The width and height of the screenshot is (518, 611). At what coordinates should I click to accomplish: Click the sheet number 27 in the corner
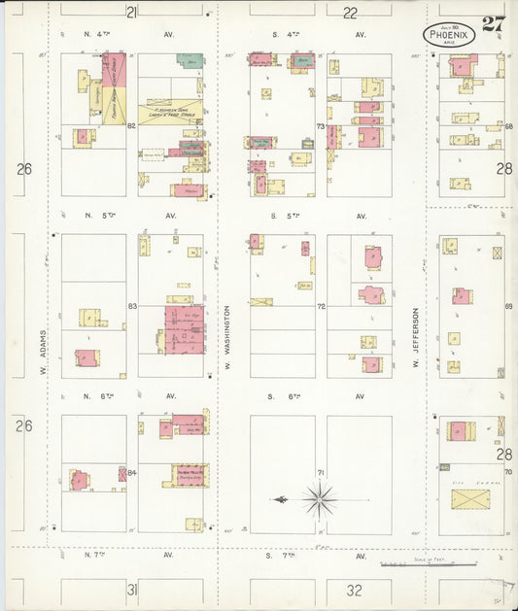(492, 24)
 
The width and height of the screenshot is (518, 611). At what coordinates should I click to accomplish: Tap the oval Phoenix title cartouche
(449, 35)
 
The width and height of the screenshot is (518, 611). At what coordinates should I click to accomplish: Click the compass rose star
(318, 500)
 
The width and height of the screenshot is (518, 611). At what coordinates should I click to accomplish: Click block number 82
(130, 125)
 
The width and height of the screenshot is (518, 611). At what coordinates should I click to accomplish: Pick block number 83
(131, 307)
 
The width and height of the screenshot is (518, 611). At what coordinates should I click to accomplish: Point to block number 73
(319, 126)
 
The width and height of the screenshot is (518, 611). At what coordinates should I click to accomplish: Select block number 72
(319, 307)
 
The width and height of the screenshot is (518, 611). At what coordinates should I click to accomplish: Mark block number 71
(319, 473)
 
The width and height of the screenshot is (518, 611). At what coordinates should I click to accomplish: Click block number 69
(507, 307)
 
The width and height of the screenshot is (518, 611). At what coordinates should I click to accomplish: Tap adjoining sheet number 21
(131, 12)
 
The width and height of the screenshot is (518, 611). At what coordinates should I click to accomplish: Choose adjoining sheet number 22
(350, 13)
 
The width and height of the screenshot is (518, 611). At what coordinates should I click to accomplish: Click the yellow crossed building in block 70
(470, 500)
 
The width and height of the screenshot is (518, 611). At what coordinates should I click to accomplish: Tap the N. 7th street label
(93, 555)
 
